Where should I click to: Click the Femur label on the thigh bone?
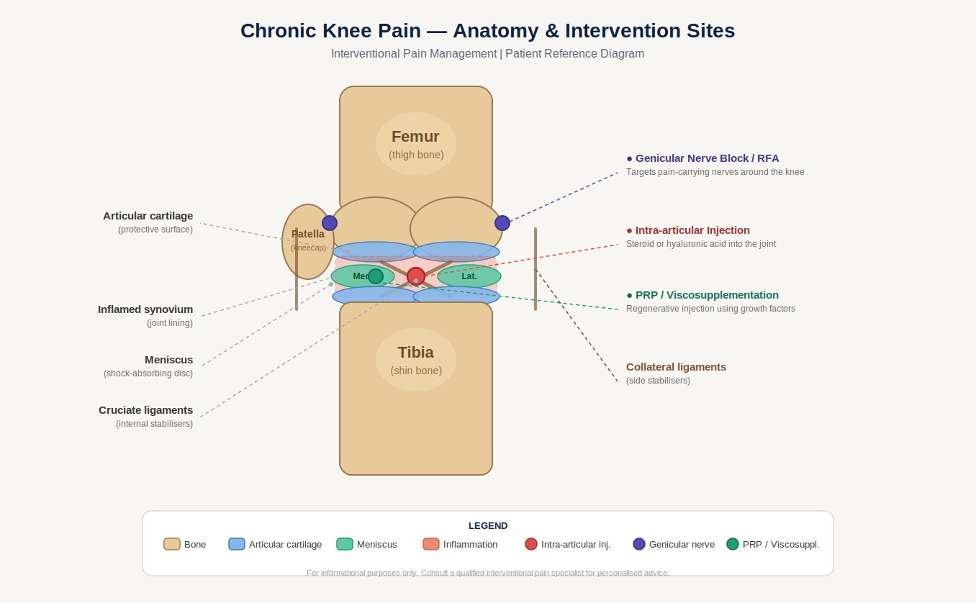pyautogui.click(x=415, y=137)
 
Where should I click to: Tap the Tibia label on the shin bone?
pyautogui.click(x=415, y=353)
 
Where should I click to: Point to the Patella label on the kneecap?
pyautogui.click(x=308, y=234)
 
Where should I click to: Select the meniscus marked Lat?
pyautogui.click(x=469, y=276)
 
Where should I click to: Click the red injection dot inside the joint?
pyautogui.click(x=416, y=276)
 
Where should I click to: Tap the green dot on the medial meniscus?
pyautogui.click(x=376, y=276)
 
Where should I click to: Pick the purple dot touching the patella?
pyautogui.click(x=330, y=223)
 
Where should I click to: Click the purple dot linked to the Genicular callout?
pyautogui.click(x=502, y=223)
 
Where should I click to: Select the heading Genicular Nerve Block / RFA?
pyautogui.click(x=707, y=158)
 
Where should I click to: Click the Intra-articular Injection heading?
pyautogui.click(x=692, y=230)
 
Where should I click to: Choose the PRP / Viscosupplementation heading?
pyautogui.click(x=707, y=295)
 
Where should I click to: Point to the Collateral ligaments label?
pyautogui.click(x=676, y=367)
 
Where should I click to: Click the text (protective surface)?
pyautogui.click(x=155, y=230)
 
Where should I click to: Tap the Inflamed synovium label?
pyautogui.click(x=145, y=309)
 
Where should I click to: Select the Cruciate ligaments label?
pyautogui.click(x=145, y=410)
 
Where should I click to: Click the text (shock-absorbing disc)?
pyautogui.click(x=148, y=373)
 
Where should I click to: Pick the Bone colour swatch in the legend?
pyautogui.click(x=172, y=544)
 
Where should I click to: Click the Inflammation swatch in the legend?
pyautogui.click(x=431, y=544)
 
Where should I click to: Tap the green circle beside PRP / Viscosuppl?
pyautogui.click(x=733, y=544)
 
